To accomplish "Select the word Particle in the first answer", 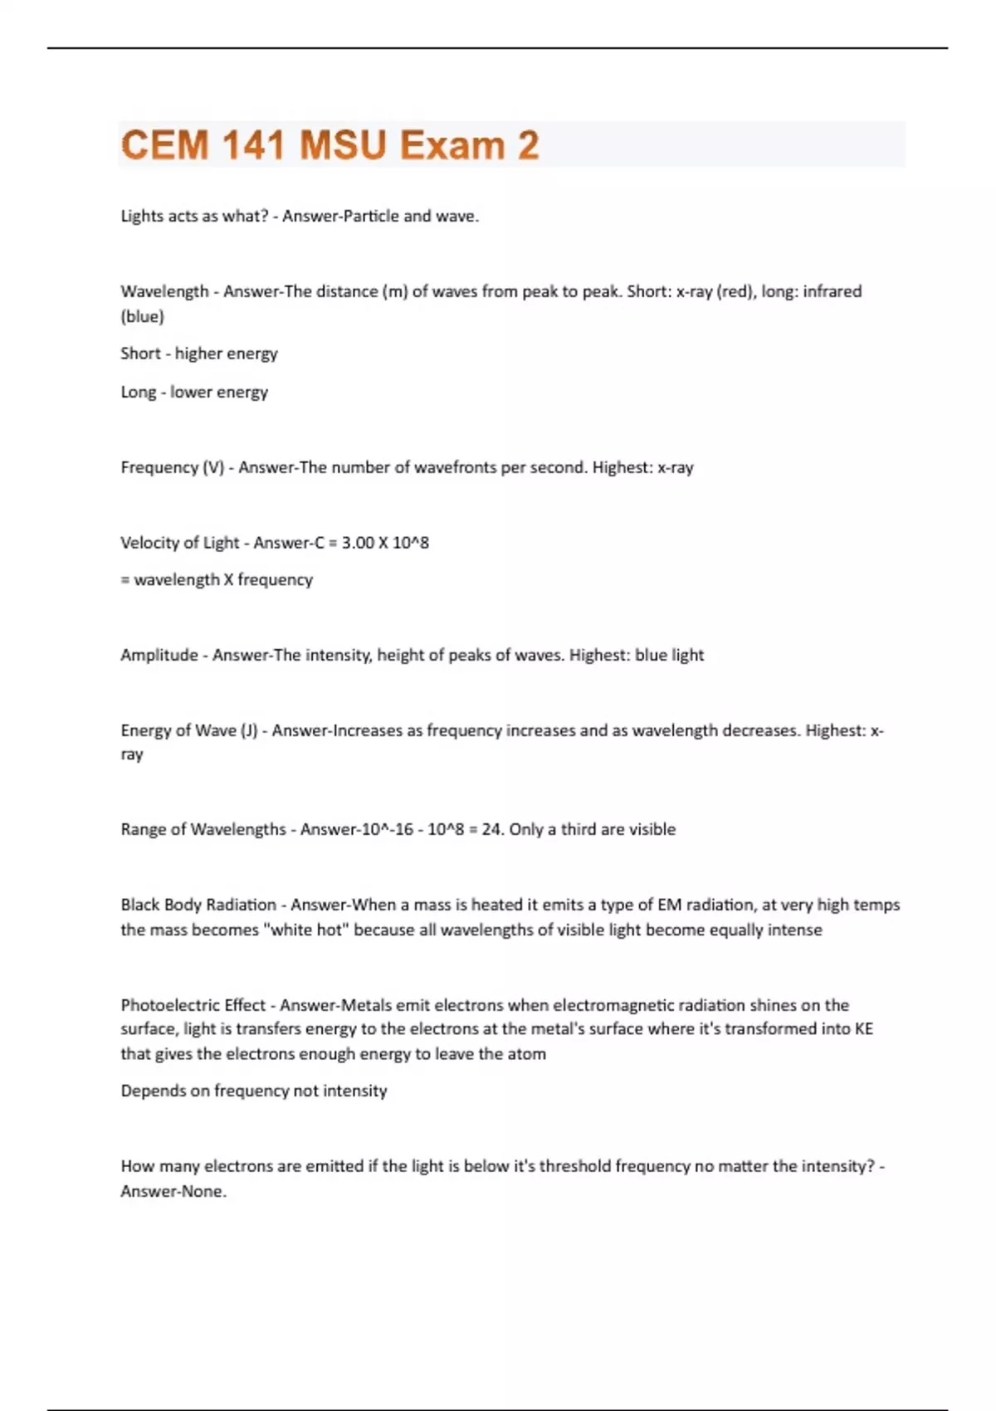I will point(370,216).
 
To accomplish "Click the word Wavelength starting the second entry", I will point(164,291).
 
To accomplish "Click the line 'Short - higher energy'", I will point(199,354).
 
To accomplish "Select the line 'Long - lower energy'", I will point(194,392).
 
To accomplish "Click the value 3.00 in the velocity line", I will point(358,543).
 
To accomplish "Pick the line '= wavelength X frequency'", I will point(217,579).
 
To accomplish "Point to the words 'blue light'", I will point(669,655).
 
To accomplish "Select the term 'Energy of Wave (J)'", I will point(189,730).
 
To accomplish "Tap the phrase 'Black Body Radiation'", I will point(198,905).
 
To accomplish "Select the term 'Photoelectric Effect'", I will point(193,1005).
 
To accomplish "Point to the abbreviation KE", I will point(863,1029).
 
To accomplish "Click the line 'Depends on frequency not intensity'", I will point(254,1091).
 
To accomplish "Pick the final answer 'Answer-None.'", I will point(173,1191).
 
